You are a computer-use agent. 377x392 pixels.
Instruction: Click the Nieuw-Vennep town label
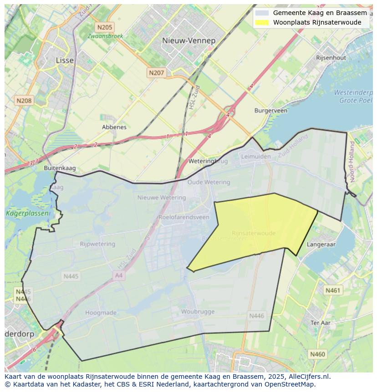(x=188, y=41)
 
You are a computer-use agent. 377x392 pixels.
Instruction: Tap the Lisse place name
(x=64, y=60)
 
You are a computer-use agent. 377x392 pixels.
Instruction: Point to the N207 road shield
(x=157, y=72)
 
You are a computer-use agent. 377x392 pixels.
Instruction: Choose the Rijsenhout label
(x=331, y=58)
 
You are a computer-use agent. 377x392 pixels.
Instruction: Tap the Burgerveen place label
(x=270, y=111)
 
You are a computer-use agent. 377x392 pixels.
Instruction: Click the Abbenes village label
(x=114, y=127)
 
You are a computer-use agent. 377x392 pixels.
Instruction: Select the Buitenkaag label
(x=60, y=168)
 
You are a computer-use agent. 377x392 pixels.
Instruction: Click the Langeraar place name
(x=321, y=244)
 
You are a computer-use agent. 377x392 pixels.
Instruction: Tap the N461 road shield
(x=333, y=290)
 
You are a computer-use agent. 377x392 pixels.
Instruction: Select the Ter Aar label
(x=320, y=323)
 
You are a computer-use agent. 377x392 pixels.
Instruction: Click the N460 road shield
(x=317, y=354)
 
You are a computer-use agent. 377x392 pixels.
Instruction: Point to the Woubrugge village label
(x=198, y=312)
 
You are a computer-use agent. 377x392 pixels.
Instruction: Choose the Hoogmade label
(x=101, y=313)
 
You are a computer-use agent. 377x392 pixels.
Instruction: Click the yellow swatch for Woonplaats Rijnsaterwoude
(x=262, y=22)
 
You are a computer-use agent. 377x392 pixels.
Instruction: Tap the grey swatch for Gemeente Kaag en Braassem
(x=262, y=13)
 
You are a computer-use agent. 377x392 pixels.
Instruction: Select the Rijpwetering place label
(x=97, y=244)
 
